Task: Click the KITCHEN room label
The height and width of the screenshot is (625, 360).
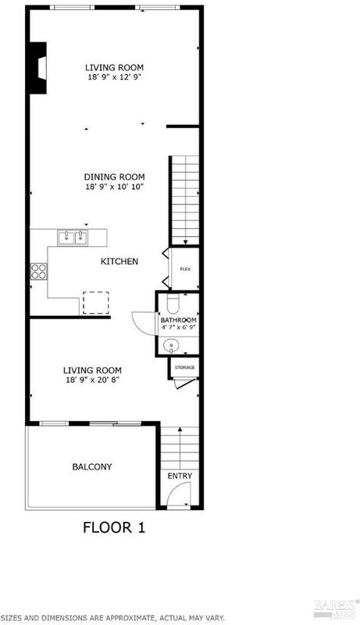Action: [x=119, y=262]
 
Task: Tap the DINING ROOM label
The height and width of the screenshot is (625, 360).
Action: [x=114, y=177]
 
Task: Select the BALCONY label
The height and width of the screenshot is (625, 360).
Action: [x=92, y=466]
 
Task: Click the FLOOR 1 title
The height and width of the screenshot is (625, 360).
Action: [x=114, y=527]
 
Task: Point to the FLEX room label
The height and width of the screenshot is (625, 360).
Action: [x=185, y=270]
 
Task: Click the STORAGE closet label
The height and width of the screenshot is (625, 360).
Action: [x=185, y=367]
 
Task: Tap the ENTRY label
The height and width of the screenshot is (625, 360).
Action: [x=180, y=476]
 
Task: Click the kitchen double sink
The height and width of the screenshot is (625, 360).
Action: [x=73, y=238]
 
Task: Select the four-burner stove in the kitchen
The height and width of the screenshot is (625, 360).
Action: [x=39, y=272]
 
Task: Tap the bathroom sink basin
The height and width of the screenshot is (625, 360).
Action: [x=171, y=345]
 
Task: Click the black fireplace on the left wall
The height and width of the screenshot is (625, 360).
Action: [x=37, y=68]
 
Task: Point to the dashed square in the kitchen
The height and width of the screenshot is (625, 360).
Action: [x=95, y=302]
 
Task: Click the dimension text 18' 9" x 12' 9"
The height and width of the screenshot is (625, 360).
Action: [x=115, y=77]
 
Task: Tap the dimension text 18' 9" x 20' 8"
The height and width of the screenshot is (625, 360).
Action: [x=92, y=380]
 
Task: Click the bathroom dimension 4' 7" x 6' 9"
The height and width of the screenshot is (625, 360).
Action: [x=178, y=327]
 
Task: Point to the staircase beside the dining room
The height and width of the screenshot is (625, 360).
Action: [x=184, y=201]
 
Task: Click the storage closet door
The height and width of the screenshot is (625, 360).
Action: [x=185, y=383]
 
